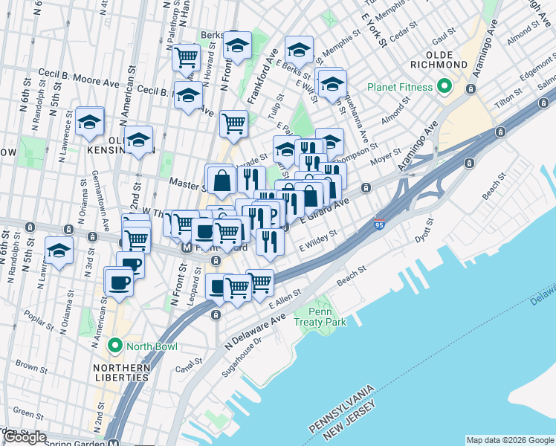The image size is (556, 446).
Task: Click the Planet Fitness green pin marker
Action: click(445, 87)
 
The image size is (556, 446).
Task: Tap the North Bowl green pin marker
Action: click(114, 346)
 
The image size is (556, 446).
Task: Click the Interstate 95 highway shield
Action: click(380, 224)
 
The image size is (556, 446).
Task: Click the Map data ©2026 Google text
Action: click(509, 440)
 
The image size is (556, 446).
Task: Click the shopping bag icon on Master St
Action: click(221, 179)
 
